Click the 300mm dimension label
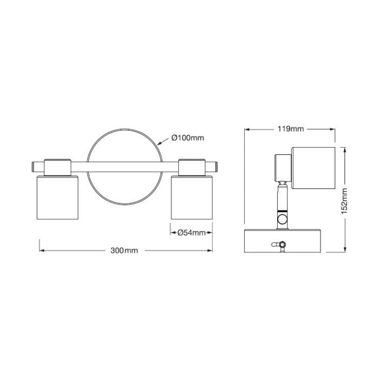[x=124, y=251]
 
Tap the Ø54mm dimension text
[x=192, y=233]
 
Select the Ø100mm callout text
[x=188, y=138]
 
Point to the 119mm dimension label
[x=291, y=129]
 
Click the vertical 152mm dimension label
[x=344, y=201]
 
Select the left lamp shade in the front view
[x=57, y=198]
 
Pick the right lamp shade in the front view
[x=192, y=198]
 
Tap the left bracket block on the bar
[x=57, y=167]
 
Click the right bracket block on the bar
[x=192, y=167]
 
